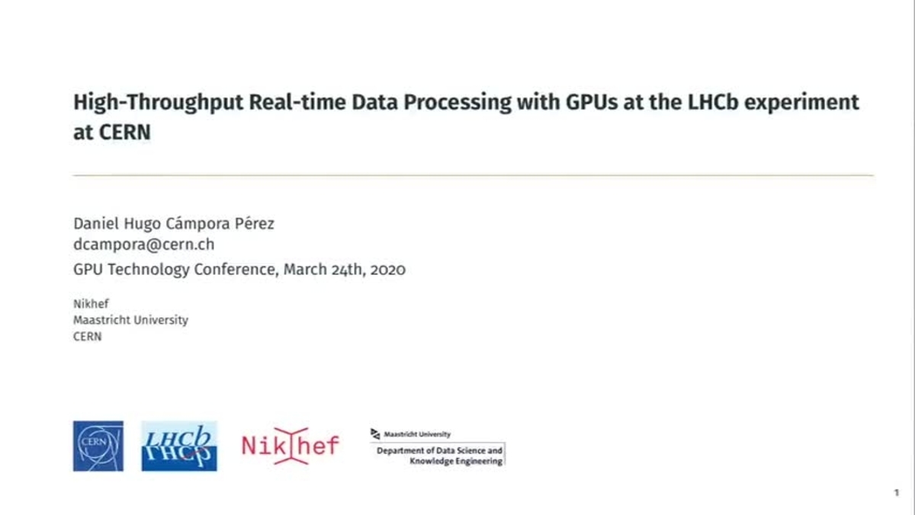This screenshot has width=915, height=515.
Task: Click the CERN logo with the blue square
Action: [x=98, y=446]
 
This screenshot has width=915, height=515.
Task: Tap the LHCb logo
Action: [x=179, y=446]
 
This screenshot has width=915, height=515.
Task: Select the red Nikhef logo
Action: [x=291, y=446]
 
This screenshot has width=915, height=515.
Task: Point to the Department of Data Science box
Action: [x=438, y=454]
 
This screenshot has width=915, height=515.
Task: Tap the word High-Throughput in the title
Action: [x=158, y=103]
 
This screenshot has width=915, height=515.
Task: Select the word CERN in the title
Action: [x=125, y=133]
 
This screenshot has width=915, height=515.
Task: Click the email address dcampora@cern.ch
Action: [x=144, y=245]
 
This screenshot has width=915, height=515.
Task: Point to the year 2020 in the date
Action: [x=387, y=270]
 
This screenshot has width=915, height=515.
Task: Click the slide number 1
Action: [x=897, y=493]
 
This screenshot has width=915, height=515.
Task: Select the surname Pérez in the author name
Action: [x=254, y=223]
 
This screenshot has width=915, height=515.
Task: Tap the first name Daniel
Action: [x=96, y=224]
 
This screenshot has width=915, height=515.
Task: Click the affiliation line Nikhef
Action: [x=91, y=304]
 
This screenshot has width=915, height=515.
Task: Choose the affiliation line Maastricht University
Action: [x=130, y=320]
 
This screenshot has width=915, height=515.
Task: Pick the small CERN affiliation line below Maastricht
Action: [x=88, y=337]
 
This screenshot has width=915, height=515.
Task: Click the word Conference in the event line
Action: [x=236, y=270]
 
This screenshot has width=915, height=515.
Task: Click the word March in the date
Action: [x=305, y=270]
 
